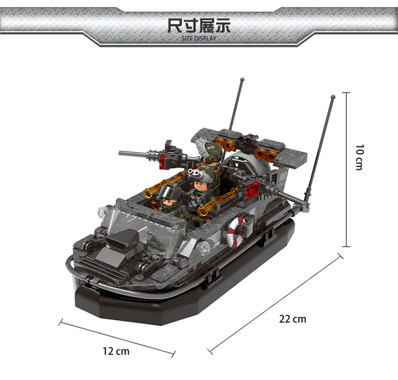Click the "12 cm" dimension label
(x=116, y=351)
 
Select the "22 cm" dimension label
(x=293, y=319)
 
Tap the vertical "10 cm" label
(x=359, y=158)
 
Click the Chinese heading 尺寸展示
(x=199, y=26)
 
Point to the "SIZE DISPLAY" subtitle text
(x=199, y=38)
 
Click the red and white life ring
(x=236, y=232)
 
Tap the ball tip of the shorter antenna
(x=242, y=80)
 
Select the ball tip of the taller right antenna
(x=333, y=96)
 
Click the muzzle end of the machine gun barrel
(x=120, y=153)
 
